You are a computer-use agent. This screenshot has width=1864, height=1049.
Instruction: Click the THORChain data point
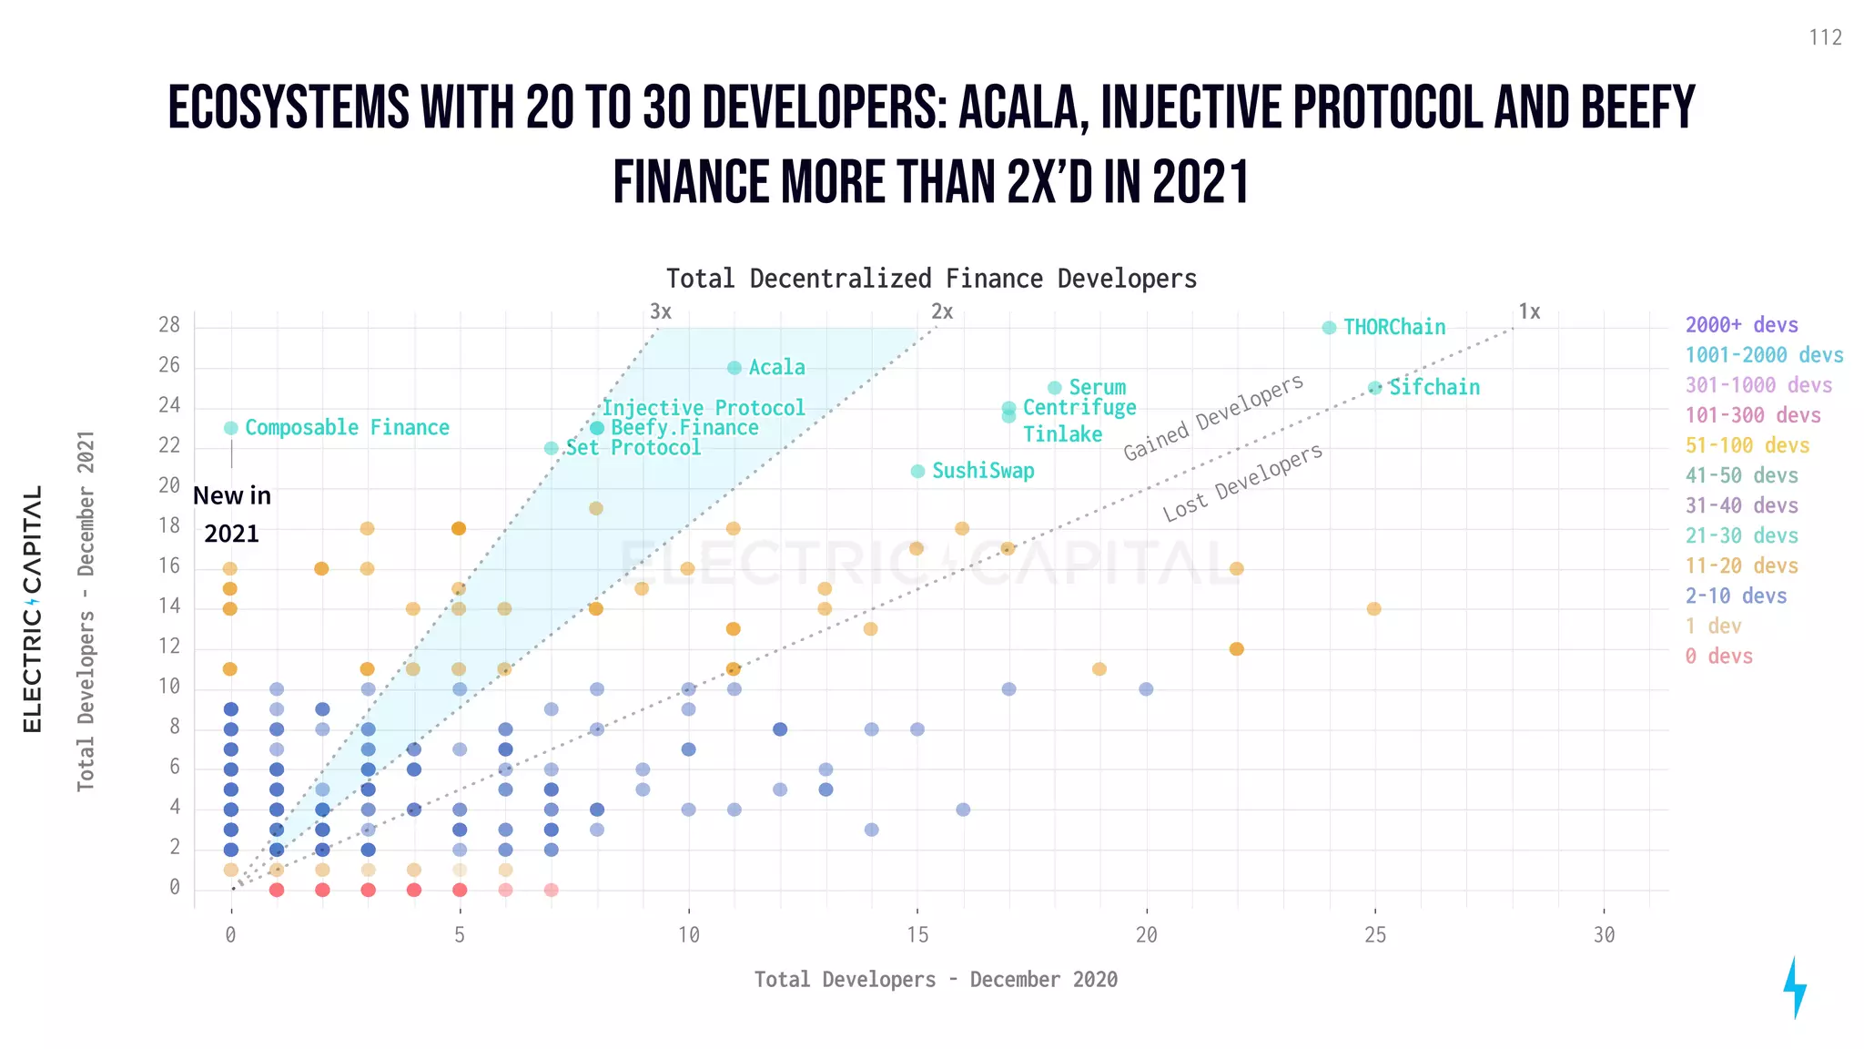[1329, 328]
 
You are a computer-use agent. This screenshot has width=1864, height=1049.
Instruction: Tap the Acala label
[776, 368]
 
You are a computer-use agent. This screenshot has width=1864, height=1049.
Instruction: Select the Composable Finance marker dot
[231, 428]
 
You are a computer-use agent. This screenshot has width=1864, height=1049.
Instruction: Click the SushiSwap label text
[983, 471]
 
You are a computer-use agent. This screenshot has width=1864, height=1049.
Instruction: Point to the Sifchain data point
[1375, 388]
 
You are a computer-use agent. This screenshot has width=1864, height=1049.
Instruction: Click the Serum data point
[1054, 388]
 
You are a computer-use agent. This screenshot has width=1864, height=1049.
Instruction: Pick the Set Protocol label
[633, 448]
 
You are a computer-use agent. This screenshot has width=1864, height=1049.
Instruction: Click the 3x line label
[661, 312]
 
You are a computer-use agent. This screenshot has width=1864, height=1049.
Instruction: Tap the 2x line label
[942, 312]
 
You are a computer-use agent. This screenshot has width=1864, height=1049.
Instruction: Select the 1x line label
[1529, 312]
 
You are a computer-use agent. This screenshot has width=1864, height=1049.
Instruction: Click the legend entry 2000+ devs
[1741, 325]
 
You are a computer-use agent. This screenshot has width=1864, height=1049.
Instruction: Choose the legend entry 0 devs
[1718, 656]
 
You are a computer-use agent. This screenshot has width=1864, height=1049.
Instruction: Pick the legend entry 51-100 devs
[1747, 445]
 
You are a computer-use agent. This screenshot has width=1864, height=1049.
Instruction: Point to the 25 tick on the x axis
[1374, 935]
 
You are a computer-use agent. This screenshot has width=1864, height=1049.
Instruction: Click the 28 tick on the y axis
[169, 325]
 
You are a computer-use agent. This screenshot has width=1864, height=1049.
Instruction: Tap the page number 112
[1825, 38]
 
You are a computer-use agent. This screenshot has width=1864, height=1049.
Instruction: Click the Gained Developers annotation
[1213, 418]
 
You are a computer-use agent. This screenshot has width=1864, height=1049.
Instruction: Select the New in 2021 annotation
[232, 514]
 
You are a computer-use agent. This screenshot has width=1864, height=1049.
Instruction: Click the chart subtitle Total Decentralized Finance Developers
[931, 279]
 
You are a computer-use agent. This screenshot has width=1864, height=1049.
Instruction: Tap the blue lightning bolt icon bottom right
[1794, 987]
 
